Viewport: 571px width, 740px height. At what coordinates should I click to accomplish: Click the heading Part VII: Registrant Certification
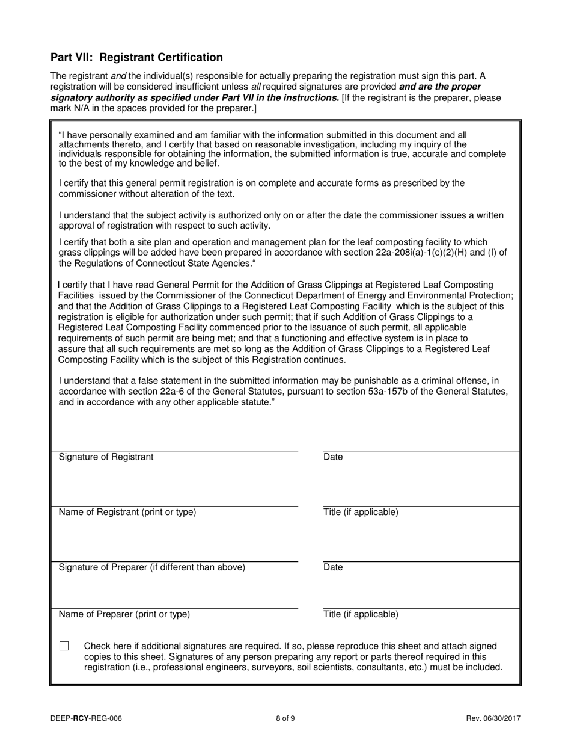pos(136,58)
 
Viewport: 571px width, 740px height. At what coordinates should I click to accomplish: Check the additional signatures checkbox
pos(64,646)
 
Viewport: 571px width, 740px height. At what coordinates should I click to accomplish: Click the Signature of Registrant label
pos(106,457)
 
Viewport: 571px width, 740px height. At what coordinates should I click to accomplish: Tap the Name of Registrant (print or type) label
pos(127,513)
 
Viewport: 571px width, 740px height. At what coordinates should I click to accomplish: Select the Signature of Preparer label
pos(151,567)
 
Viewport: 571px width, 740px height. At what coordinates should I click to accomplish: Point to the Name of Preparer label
pos(124,615)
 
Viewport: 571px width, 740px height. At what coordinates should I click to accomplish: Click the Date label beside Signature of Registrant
pos(333,457)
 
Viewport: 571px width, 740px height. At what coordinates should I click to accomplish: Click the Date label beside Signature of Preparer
pos(333,567)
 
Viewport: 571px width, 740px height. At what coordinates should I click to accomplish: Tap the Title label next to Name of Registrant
pos(361,513)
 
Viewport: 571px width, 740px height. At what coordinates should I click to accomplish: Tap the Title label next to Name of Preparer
pos(361,615)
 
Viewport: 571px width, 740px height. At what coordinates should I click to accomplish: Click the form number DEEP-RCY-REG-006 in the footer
pos(90,718)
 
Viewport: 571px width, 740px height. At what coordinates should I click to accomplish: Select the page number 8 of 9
pos(285,718)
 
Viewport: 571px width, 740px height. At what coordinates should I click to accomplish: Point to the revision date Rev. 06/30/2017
pos(493,718)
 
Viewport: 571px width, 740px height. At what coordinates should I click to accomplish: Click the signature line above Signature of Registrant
pos(174,451)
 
